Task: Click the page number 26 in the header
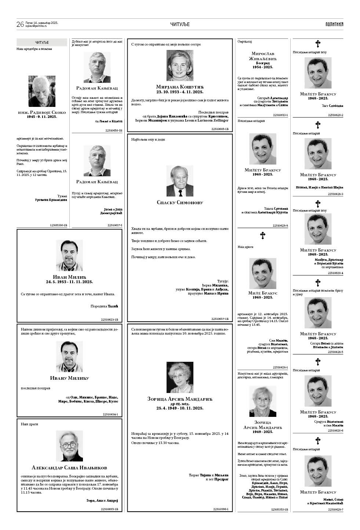coord(20,24)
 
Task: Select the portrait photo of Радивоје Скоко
coord(42,91)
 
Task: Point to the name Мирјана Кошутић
coord(180,87)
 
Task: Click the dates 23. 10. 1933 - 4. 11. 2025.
coord(180,92)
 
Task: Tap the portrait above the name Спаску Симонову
coord(180,181)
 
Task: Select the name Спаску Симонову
coord(180,202)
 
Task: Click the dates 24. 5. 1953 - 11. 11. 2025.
coord(69,282)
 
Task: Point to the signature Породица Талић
coord(104,306)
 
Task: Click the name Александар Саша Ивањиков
coord(69,468)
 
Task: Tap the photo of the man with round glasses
coord(69,446)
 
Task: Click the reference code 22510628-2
coord(335,115)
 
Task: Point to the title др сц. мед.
coord(180,404)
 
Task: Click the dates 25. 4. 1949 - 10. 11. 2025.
coord(180,408)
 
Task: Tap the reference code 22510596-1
coord(221,509)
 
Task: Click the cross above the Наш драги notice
coord(263,235)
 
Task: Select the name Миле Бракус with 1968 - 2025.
coord(263,293)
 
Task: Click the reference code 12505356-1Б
coord(58,225)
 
